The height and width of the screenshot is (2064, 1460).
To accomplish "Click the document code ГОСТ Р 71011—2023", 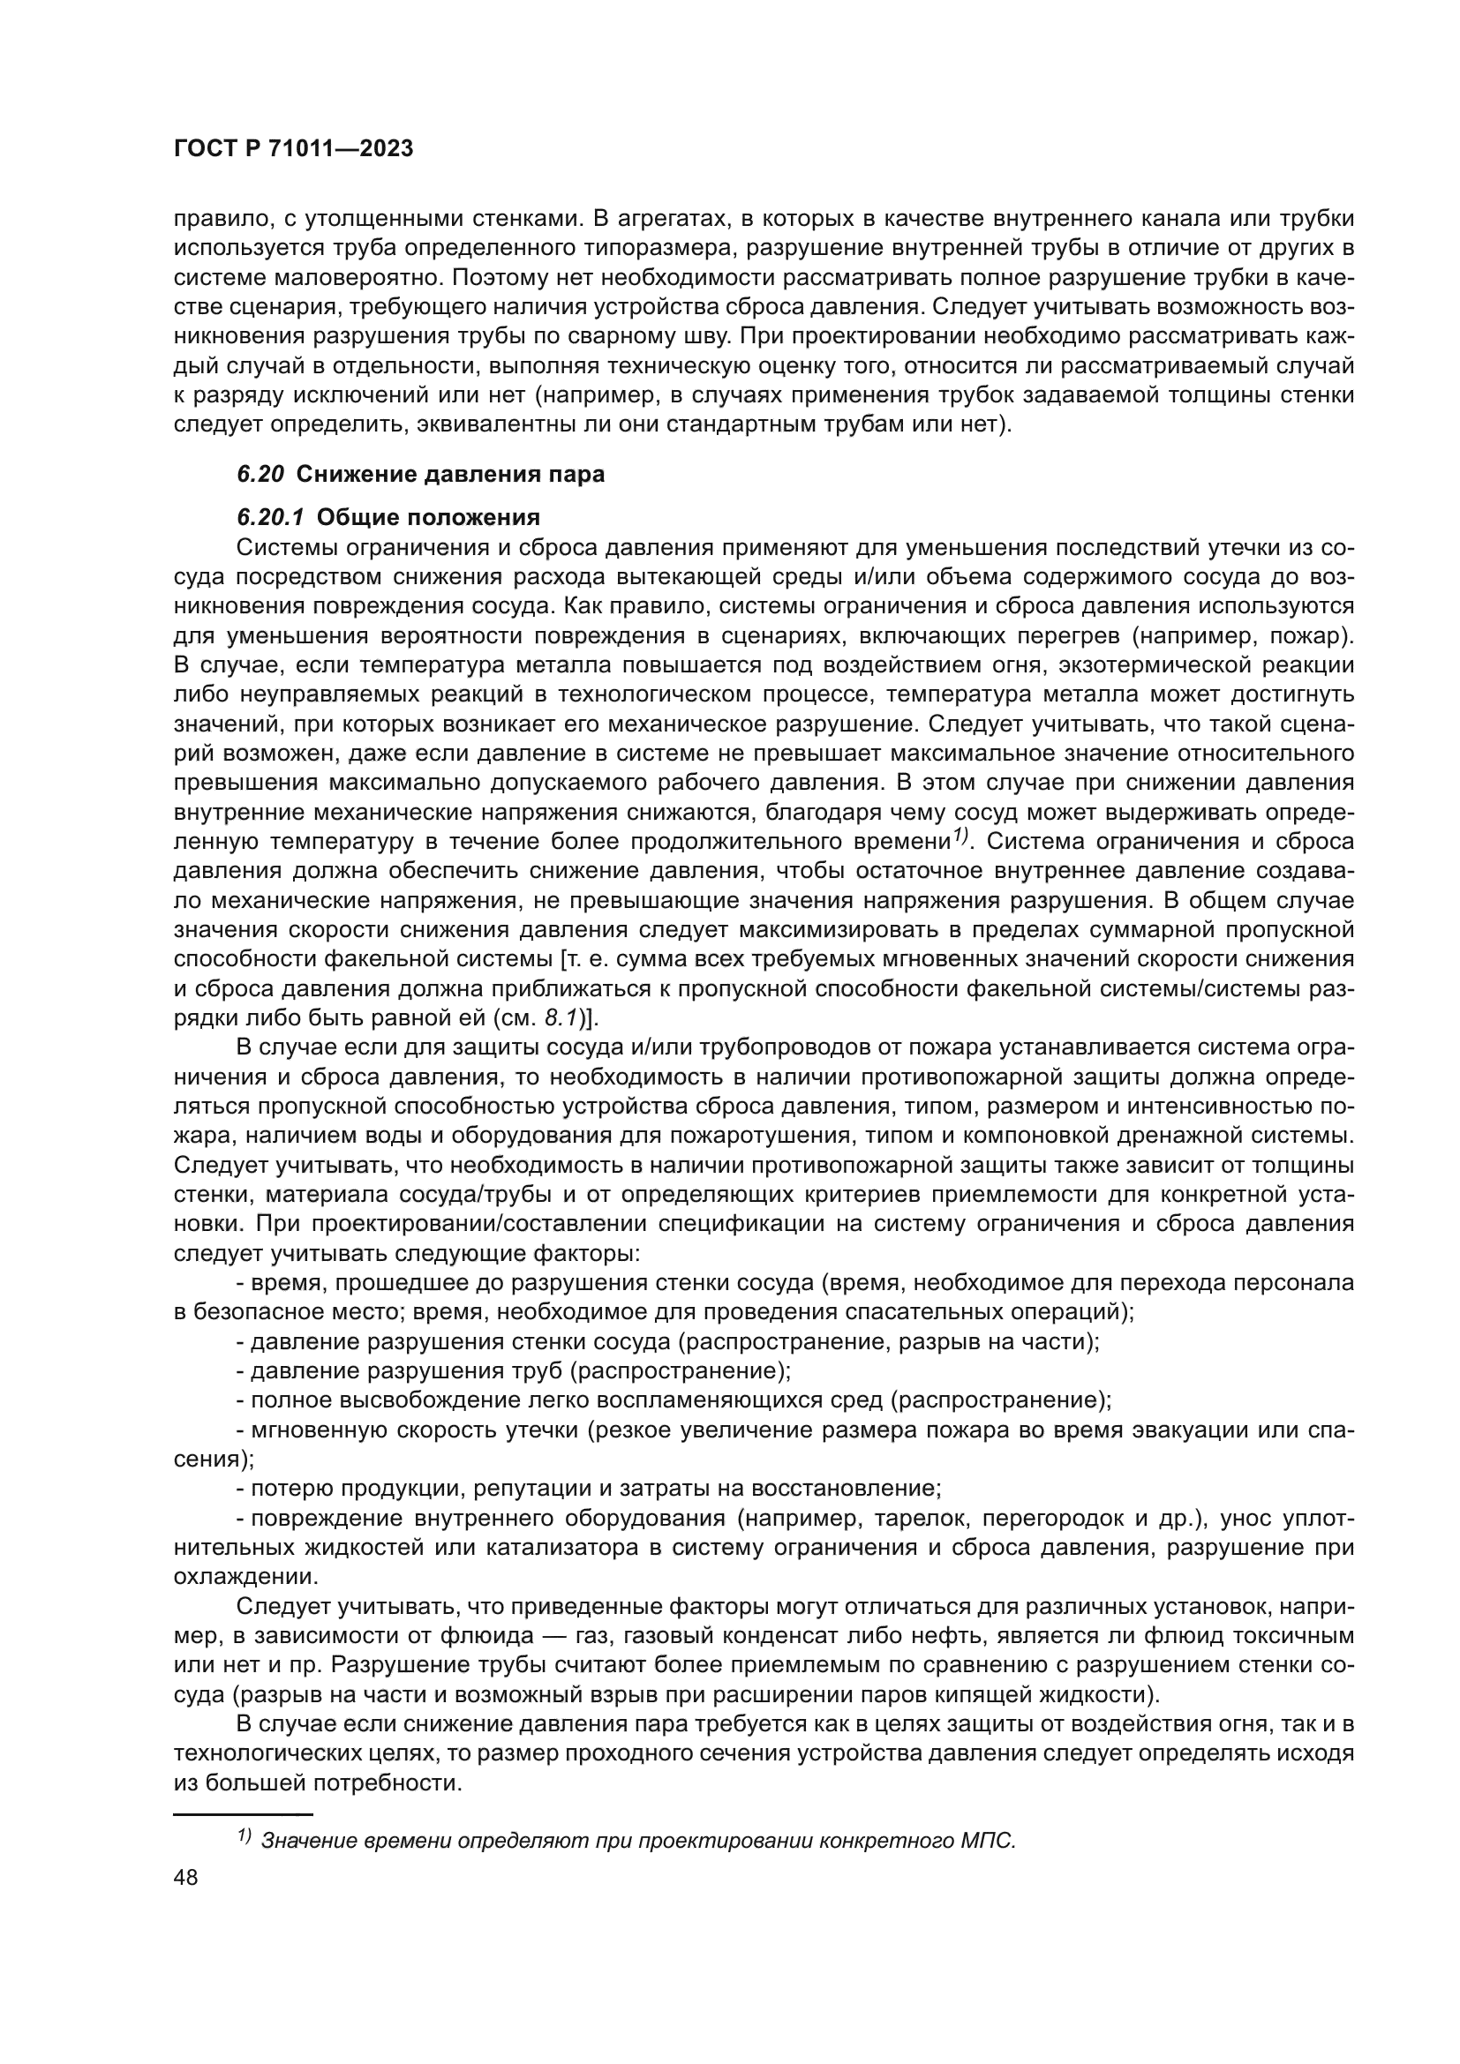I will pyautogui.click(x=293, y=149).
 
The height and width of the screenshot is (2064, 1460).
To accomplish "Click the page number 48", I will pyautogui.click(x=186, y=1877).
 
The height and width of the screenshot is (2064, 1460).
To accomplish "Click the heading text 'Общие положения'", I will pyautogui.click(x=429, y=517).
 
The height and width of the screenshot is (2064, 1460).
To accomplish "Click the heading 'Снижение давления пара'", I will pyautogui.click(x=450, y=474).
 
